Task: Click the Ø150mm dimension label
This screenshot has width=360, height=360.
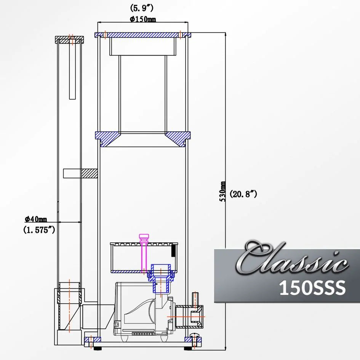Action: pyautogui.click(x=143, y=19)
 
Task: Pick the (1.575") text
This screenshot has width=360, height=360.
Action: pyautogui.click(x=39, y=230)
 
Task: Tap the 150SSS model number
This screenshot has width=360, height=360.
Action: pyautogui.click(x=312, y=288)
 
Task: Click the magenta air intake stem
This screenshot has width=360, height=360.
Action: pyautogui.click(x=144, y=251)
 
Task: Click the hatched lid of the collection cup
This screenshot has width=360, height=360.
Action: pyautogui.click(x=143, y=35)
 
